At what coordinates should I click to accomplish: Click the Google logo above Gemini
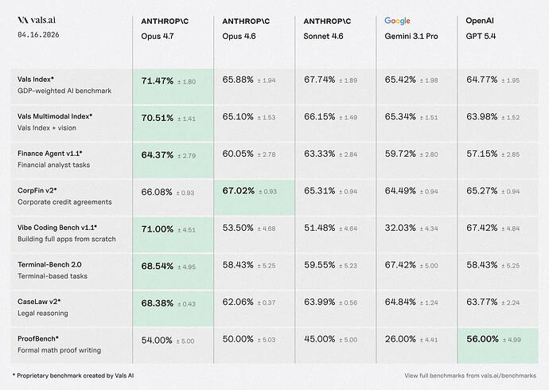click(x=397, y=20)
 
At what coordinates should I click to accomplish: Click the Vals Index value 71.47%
click(x=158, y=80)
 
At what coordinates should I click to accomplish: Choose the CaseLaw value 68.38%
click(x=158, y=302)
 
